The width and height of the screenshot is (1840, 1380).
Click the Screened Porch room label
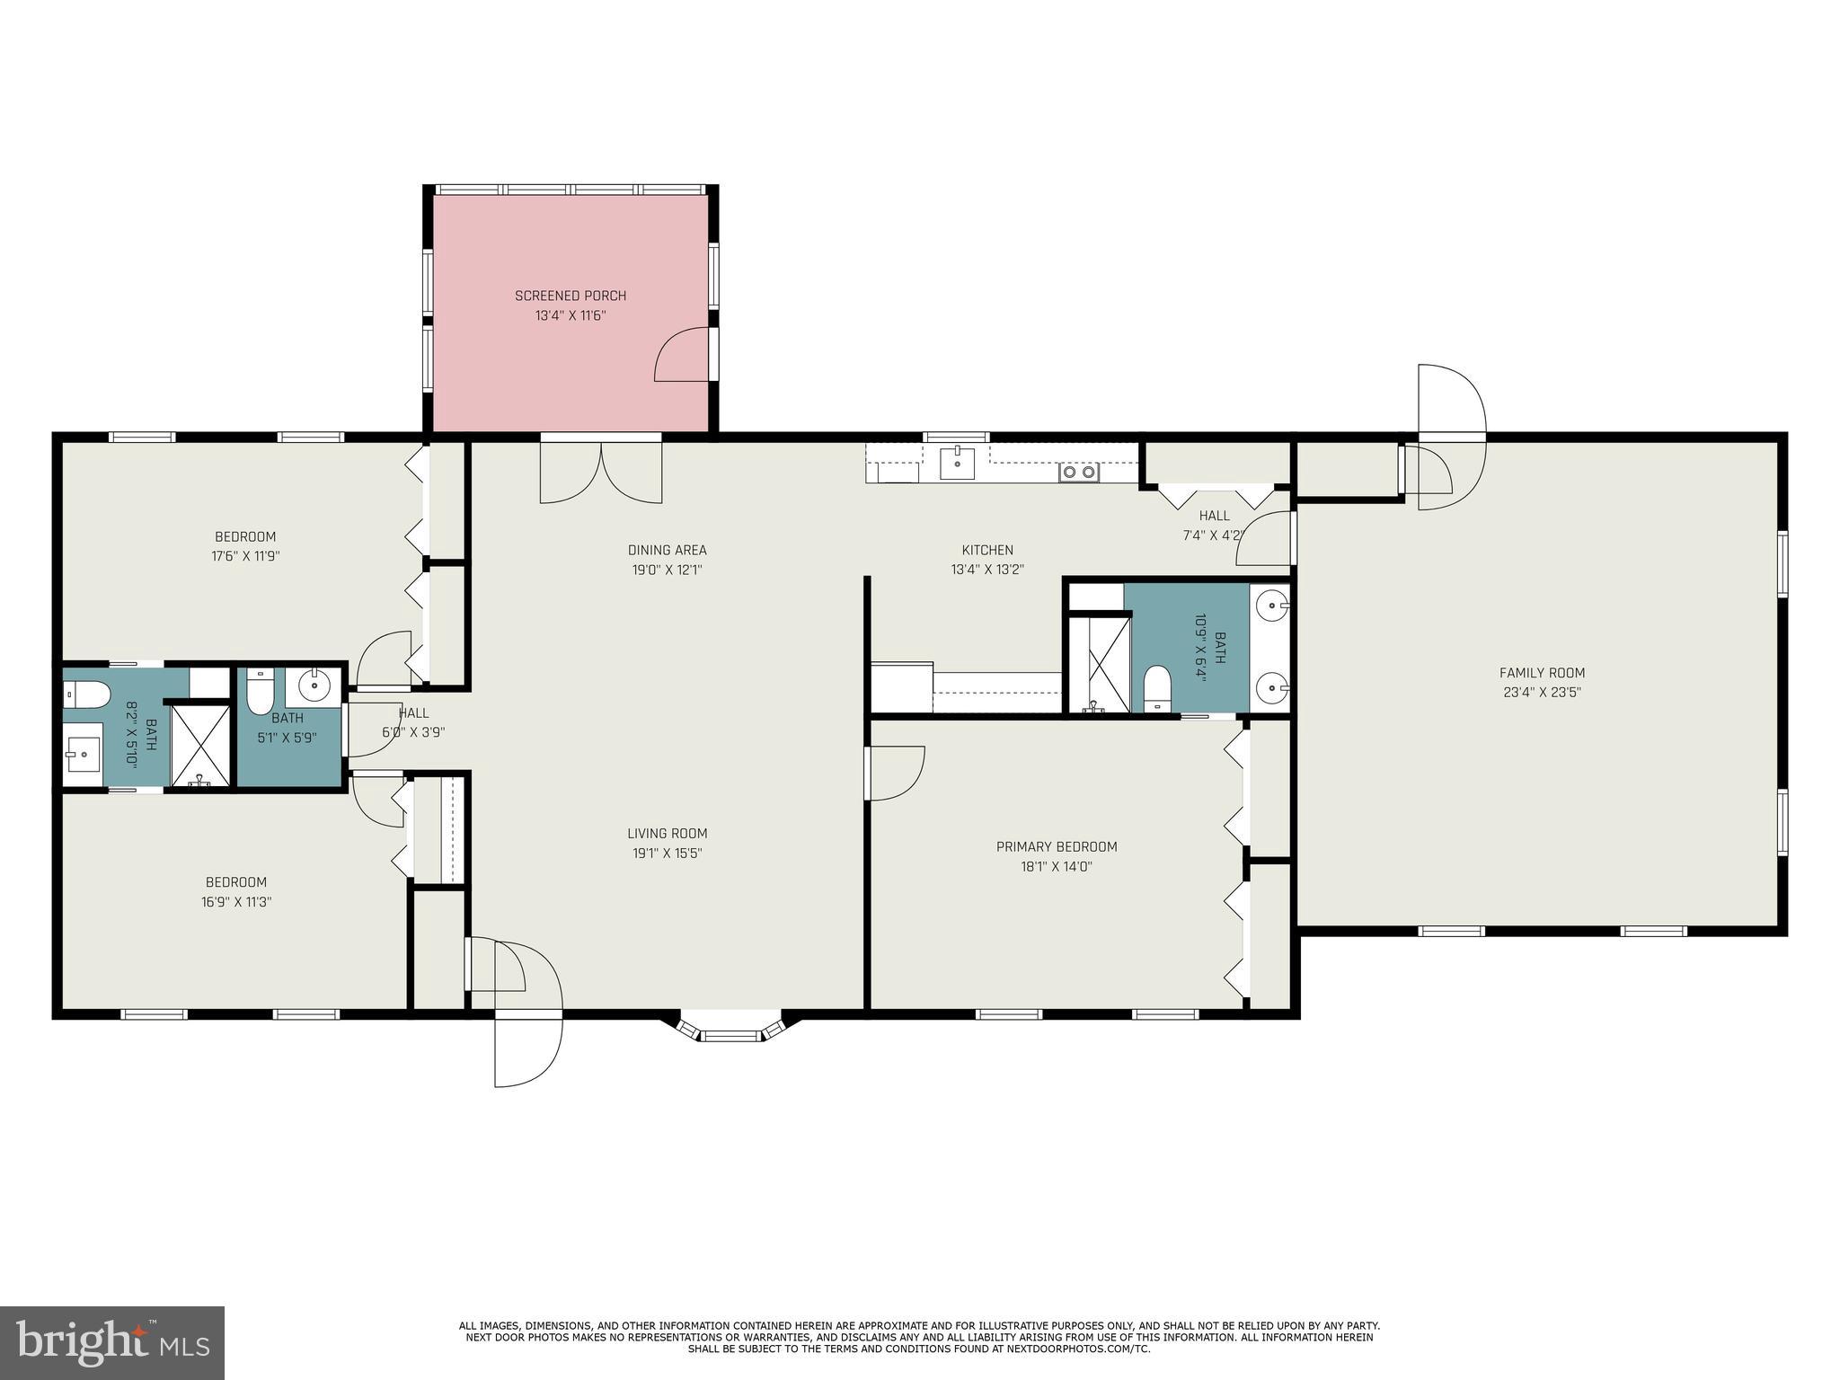pos(570,296)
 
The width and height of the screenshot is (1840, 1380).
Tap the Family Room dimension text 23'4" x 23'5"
pos(1541,693)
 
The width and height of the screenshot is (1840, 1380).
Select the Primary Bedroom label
pos(1056,846)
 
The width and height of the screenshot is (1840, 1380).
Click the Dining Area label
pos(667,550)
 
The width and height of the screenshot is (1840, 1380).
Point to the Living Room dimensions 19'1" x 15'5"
pos(667,854)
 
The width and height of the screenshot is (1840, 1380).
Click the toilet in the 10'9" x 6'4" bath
pos(1157,688)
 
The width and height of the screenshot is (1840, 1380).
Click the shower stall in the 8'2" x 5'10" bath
pos(200,745)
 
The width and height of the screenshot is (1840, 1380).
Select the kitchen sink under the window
pos(957,464)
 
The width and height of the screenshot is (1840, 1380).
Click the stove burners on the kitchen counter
pos(1078,472)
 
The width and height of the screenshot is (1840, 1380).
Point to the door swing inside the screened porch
pos(683,355)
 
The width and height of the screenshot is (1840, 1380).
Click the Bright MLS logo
pos(111,1342)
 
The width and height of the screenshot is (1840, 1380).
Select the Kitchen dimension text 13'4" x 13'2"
pos(986,570)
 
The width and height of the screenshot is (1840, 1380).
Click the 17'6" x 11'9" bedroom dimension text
pos(244,556)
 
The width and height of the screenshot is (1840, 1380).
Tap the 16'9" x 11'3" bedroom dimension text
pos(235,902)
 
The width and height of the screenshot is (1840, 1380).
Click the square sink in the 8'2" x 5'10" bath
pos(83,754)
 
